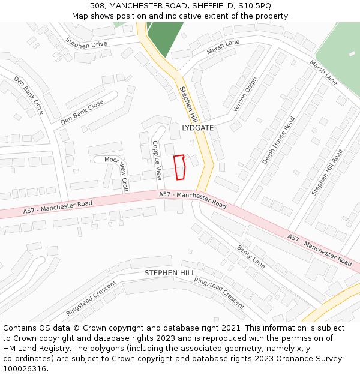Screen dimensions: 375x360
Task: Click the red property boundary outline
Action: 179,167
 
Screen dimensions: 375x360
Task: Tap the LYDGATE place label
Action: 197,128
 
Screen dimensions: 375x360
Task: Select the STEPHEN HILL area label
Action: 170,273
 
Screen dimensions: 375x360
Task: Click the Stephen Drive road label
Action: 86,44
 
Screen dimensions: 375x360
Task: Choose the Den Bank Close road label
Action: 82,112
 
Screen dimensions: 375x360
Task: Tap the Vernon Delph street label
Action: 245,94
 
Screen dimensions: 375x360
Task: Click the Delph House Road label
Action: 279,140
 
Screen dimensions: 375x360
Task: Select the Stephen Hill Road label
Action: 328,172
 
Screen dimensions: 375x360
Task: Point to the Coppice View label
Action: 157,160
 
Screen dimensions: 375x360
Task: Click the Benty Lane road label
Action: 251,256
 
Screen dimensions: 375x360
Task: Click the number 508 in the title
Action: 97,6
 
